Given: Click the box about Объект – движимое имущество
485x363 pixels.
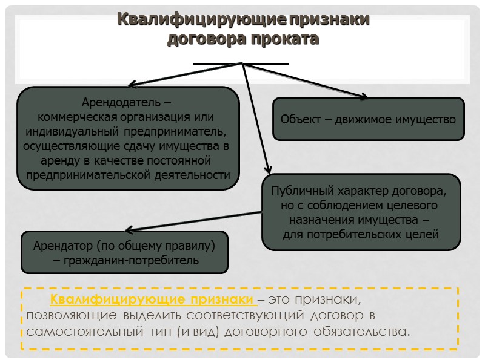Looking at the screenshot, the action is [368, 119].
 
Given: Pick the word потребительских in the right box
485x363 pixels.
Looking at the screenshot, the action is [352, 235].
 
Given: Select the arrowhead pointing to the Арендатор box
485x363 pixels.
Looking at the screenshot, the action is [127, 231].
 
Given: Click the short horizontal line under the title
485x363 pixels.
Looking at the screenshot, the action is [241, 62].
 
